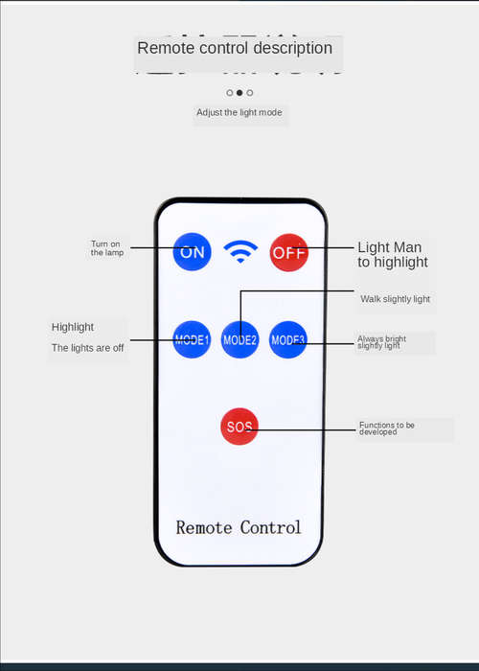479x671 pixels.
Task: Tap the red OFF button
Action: [288, 252]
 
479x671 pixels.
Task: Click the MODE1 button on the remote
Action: [192, 339]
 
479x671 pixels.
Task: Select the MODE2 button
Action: [239, 339]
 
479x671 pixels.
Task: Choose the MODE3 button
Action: [287, 339]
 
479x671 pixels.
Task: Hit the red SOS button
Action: [239, 427]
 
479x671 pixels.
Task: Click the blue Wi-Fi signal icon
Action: [240, 251]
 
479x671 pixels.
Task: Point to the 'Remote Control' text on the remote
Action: [239, 527]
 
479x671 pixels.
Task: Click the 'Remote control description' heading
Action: [235, 48]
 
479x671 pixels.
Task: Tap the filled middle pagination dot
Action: [239, 92]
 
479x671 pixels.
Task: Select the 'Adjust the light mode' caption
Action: [239, 112]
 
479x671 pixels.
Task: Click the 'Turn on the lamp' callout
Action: [106, 248]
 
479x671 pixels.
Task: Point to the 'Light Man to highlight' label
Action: [393, 254]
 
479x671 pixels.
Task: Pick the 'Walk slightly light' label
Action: [395, 299]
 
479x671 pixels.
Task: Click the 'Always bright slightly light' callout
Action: [381, 342]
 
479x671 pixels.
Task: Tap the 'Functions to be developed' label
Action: [387, 428]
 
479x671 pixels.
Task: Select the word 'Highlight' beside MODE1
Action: [73, 328]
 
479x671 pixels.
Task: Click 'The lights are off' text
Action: [88, 348]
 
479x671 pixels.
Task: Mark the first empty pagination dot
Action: [230, 92]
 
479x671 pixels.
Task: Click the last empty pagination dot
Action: [250, 92]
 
